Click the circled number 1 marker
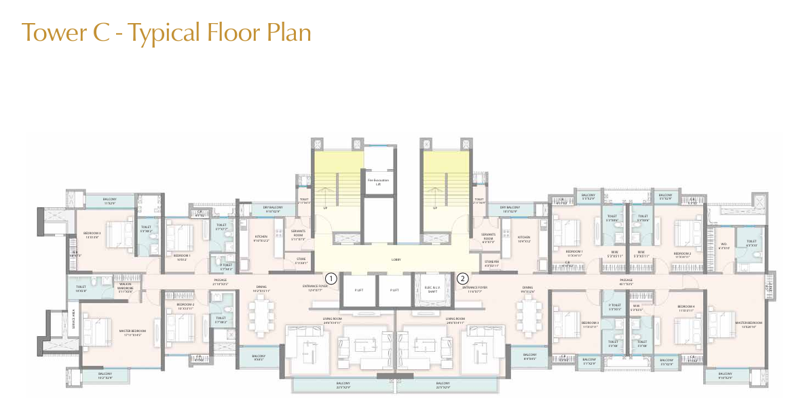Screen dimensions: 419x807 tap(331, 278)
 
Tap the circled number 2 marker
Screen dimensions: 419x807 tap(463, 278)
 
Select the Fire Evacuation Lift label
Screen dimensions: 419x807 tap(378, 181)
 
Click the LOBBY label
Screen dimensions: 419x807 tap(396, 259)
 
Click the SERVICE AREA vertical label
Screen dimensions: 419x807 tap(73, 318)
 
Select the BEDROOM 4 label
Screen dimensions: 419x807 tap(686, 306)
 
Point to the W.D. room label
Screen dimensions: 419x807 tap(725, 246)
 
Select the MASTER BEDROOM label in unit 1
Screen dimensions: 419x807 tap(134, 332)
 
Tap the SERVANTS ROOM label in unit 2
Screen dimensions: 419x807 tap(488, 236)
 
